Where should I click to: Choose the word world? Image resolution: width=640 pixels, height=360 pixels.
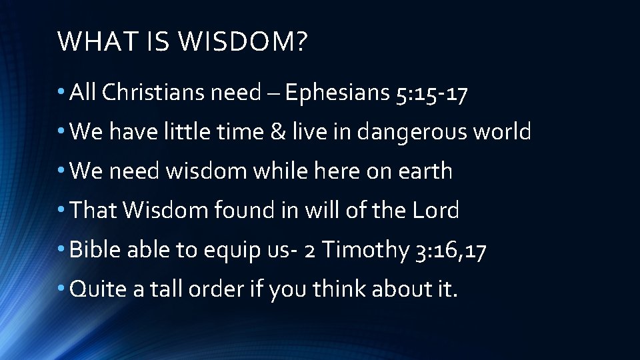502,132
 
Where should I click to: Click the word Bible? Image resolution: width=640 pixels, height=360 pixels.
93,251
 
